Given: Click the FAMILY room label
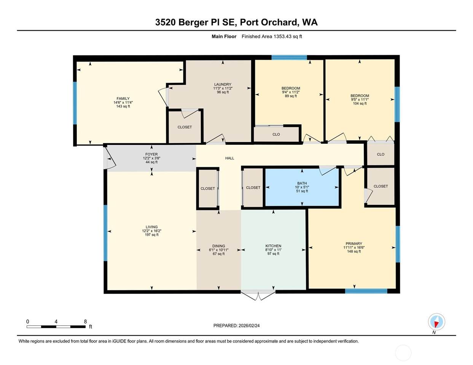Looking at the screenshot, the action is [x=123, y=98].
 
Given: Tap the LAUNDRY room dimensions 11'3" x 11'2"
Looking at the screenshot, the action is [x=223, y=88].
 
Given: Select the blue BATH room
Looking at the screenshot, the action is [x=302, y=187].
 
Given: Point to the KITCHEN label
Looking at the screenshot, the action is [x=273, y=246].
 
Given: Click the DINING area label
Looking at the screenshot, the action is [x=218, y=246].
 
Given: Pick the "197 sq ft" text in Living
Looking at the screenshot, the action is [x=151, y=235].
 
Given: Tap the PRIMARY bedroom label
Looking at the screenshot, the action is [x=354, y=244].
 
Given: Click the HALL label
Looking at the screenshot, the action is [x=229, y=158].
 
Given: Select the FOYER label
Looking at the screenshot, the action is [x=151, y=154].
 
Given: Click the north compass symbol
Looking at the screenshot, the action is [x=436, y=322].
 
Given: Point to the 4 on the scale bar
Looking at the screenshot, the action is [x=56, y=322].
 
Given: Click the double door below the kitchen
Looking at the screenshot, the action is [x=258, y=295].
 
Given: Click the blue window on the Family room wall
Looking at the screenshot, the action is [x=75, y=103].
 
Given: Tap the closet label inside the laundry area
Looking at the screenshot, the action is [x=185, y=127].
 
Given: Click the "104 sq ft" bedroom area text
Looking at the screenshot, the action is [x=360, y=103].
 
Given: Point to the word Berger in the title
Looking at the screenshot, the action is [x=193, y=22].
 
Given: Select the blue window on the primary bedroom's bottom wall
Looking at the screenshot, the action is [x=366, y=291].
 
